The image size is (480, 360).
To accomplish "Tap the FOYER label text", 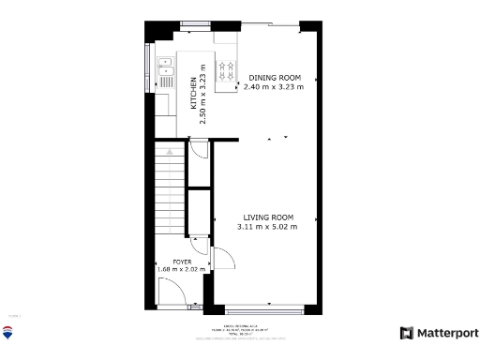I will coord(182,262).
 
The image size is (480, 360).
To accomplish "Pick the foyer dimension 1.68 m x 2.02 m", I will coord(182,270).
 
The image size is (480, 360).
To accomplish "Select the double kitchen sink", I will coord(165,68).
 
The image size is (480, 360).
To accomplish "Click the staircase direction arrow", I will coord(170,150).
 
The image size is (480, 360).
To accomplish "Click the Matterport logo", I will coord(439,333).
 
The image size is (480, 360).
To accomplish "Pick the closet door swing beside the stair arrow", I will coord(198,150).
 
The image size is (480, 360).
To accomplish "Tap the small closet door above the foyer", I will coord(199,240).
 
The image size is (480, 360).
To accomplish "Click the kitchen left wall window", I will coord(148,70).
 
